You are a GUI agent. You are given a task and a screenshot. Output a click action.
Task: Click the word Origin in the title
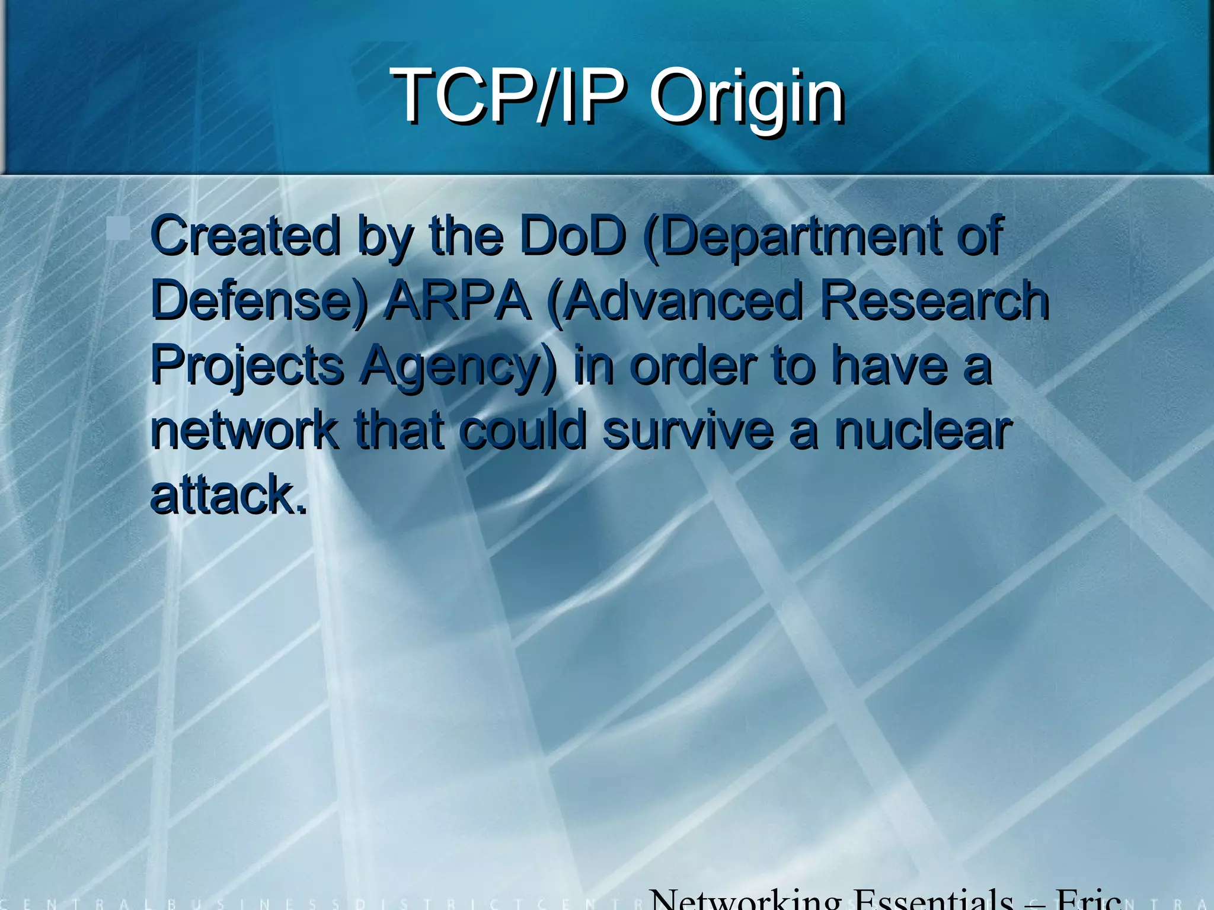coord(747,96)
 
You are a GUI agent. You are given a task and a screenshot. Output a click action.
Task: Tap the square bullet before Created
coord(119,229)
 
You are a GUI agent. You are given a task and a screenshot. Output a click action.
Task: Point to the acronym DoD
coord(573,236)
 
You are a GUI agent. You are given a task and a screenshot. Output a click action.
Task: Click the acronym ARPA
coord(457,301)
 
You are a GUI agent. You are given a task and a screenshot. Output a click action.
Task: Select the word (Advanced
coord(675,301)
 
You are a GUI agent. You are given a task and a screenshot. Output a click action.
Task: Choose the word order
coord(693,366)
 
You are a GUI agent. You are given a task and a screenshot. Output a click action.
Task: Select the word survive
coord(688,430)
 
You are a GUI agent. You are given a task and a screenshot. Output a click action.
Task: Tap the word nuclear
coord(923,430)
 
